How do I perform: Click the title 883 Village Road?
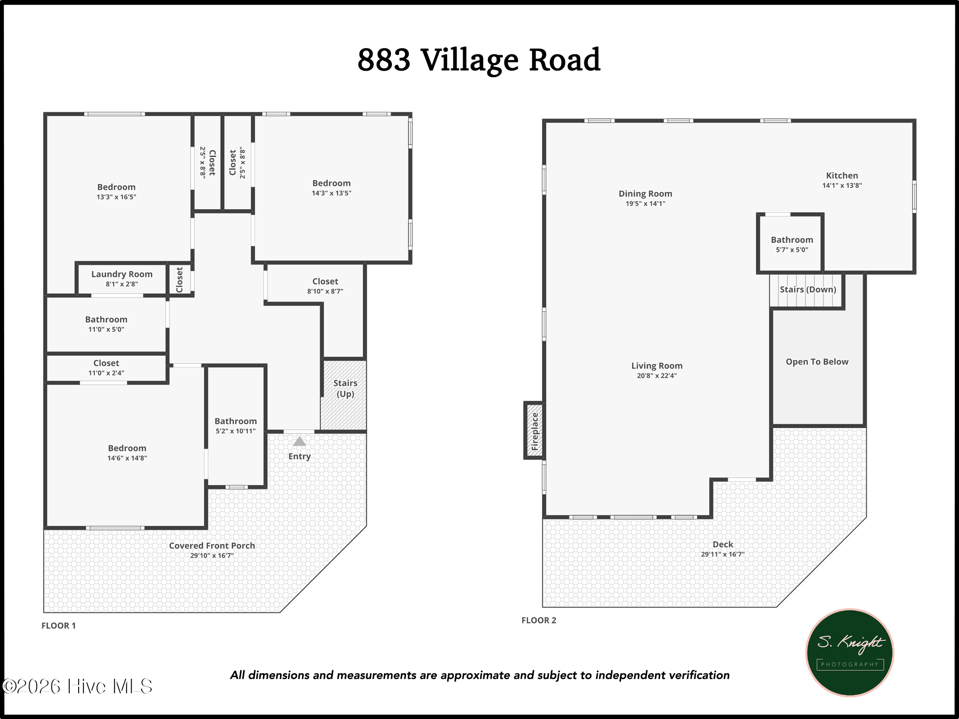[479, 60]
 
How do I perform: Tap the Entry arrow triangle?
[299, 441]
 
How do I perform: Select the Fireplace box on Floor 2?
[534, 430]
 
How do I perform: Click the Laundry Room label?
[122, 274]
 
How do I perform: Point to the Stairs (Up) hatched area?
[344, 395]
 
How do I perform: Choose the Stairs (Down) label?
[808, 290]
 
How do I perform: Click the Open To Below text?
[817, 362]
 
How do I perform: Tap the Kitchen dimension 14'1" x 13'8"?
[842, 185]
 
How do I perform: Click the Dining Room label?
[645, 194]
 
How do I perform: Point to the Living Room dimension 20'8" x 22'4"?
[657, 375]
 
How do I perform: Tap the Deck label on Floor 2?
[723, 544]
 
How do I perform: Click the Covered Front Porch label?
[212, 546]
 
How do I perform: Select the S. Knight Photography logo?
[849, 653]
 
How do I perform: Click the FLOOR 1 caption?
[59, 626]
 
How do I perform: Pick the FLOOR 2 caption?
[539, 621]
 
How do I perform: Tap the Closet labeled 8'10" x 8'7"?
[325, 286]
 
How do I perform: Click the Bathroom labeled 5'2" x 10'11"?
[236, 426]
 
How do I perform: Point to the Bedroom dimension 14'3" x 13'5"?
[332, 193]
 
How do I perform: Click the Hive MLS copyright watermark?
[77, 686]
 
